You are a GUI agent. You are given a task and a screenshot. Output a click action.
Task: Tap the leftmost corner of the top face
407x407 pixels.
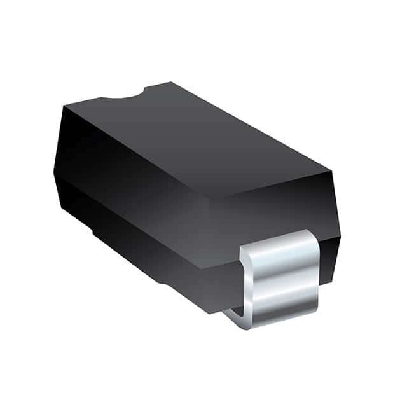[64, 105]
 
